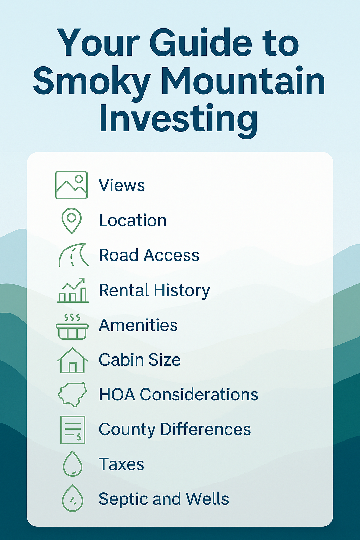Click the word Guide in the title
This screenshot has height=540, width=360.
pos(201,44)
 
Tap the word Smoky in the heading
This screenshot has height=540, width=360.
pos(92,82)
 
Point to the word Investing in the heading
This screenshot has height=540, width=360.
pos(179,119)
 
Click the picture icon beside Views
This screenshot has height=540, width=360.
pos(71,185)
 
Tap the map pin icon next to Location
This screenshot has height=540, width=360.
pos(71,220)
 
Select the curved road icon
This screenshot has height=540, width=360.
pos(73,255)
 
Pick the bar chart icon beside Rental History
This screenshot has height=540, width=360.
pos(73,290)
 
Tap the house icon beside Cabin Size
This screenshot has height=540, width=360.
pos(72,360)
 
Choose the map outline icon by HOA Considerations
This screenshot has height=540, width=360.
pos(72,394)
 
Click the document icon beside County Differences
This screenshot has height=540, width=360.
pos(73,429)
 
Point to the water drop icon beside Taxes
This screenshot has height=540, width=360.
pos(72,464)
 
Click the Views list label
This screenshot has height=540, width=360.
pos(122,185)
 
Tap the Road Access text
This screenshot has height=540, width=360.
pos(149,255)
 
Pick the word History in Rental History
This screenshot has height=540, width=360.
pos(182,291)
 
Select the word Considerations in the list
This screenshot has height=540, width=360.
pos(199,395)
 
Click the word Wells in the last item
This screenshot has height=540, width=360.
pos(207,499)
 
